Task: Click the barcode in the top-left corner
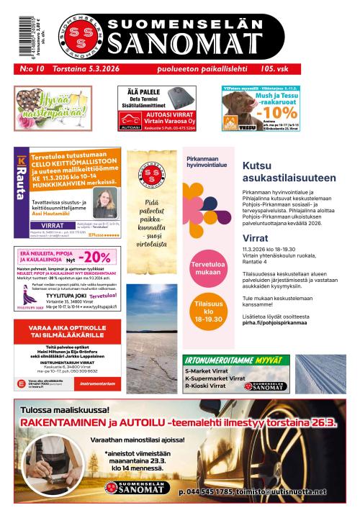(19, 32)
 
